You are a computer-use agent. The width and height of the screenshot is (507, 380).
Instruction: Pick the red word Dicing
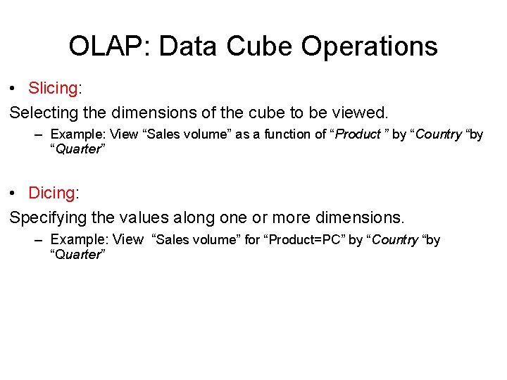(x=51, y=193)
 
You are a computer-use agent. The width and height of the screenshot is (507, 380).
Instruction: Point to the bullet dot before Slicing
(x=13, y=89)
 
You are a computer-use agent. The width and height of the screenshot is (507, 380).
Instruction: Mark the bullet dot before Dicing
(x=13, y=194)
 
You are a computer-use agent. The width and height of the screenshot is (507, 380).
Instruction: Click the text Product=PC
(x=307, y=240)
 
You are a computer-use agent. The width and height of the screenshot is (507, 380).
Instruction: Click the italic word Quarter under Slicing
(x=77, y=149)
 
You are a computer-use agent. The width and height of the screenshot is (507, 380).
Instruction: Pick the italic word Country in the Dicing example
(x=394, y=240)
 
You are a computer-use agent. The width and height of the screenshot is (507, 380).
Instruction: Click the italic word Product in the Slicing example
(x=357, y=134)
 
